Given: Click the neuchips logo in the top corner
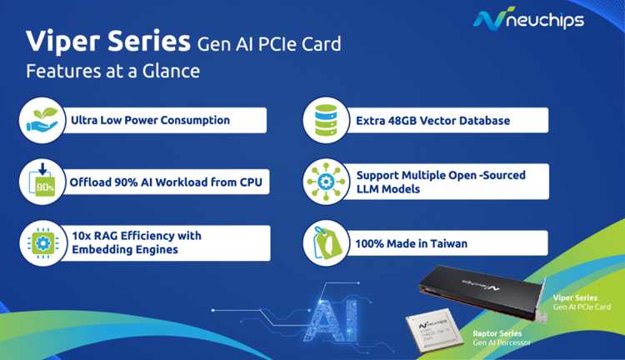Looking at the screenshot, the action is [528, 18].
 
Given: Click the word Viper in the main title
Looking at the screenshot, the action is [63, 42].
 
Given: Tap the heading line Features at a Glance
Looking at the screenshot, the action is [112, 72].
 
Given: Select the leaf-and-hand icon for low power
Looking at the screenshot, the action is [42, 120].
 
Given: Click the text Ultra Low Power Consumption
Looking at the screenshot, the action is [150, 120].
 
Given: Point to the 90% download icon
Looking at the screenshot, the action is [42, 182].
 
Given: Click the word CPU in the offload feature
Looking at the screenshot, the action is [251, 182].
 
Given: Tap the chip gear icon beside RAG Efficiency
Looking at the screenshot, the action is [43, 243].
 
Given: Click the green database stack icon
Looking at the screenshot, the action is [326, 120].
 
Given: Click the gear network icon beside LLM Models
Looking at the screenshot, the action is [326, 182].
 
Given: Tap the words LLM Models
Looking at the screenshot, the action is [387, 189].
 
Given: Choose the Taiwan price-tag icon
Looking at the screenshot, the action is [326, 243].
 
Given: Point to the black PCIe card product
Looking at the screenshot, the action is [483, 292].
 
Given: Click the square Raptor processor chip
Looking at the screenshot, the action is [434, 330].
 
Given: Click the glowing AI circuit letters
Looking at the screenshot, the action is [333, 320].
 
